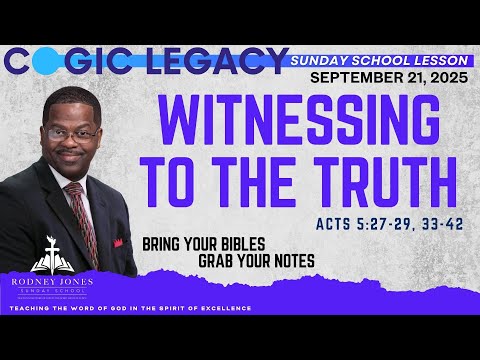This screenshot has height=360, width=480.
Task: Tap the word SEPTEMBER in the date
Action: [349, 77]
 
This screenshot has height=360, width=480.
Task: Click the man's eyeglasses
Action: [74, 133]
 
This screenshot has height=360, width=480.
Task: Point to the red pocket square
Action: [117, 242]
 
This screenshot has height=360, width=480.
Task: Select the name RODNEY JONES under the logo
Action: [48, 282]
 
